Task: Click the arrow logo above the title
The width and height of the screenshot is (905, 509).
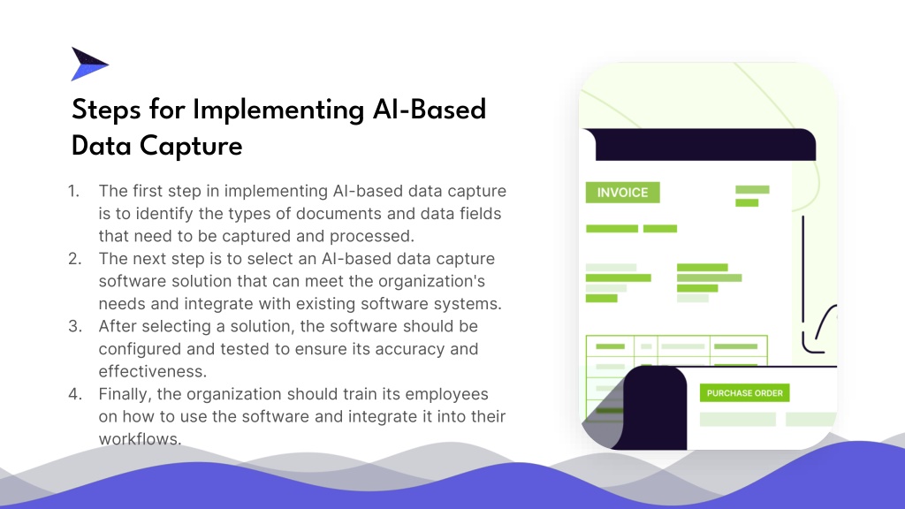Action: click(x=88, y=64)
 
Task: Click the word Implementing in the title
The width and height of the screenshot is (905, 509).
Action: click(x=278, y=110)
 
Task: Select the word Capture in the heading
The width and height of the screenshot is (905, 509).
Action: click(x=191, y=147)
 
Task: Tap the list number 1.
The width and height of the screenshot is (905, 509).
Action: click(x=74, y=191)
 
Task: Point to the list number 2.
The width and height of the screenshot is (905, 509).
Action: click(x=75, y=259)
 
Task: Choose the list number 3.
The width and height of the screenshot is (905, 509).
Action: click(x=75, y=326)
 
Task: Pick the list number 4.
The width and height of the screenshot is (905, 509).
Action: click(x=75, y=393)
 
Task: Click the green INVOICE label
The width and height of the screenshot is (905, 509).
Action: click(x=622, y=193)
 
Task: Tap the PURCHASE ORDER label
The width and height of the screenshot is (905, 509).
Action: click(x=744, y=393)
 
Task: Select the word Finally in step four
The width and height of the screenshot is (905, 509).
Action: click(x=125, y=394)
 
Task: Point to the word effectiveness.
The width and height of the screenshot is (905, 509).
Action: click(x=152, y=371)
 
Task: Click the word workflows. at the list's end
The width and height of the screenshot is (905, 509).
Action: click(x=140, y=438)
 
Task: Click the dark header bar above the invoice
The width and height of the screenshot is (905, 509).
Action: click(x=705, y=144)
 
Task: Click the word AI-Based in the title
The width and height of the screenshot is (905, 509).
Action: click(x=430, y=110)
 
